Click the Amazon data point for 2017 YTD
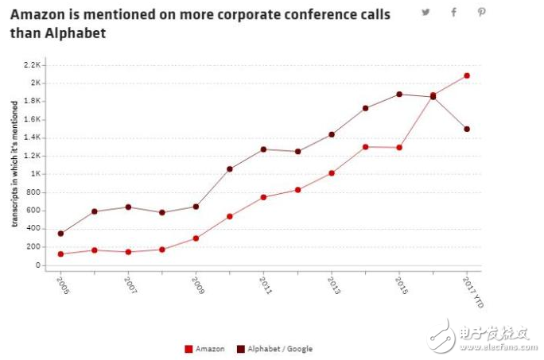click(467, 75)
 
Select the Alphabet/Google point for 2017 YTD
click(467, 129)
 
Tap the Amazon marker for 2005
click(60, 254)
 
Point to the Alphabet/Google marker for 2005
click(60, 234)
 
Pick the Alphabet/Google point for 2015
click(399, 94)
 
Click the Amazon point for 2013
click(332, 172)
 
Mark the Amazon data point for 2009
click(196, 238)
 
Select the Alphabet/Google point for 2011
click(263, 149)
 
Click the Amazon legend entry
click(205, 348)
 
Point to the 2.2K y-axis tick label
click(32, 64)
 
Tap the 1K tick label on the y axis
click(35, 174)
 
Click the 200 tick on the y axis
click(33, 246)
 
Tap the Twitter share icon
click(426, 12)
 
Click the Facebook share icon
click(453, 12)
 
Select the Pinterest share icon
click(481, 12)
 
